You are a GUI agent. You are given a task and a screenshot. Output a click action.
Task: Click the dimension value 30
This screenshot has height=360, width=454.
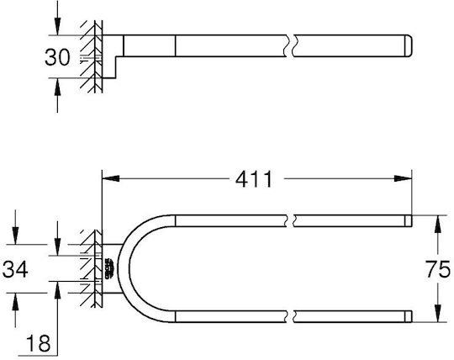click(57, 57)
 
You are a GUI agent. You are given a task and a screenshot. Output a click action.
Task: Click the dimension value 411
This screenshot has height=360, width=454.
click(254, 179)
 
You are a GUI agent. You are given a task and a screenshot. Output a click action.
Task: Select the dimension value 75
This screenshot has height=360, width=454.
click(437, 269)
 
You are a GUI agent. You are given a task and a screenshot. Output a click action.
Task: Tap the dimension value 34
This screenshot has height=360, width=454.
click(15, 269)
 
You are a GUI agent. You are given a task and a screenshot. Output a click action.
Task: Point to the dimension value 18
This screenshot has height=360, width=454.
click(38, 343)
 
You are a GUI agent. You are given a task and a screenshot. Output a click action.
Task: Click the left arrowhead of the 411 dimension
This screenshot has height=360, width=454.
click(111, 178)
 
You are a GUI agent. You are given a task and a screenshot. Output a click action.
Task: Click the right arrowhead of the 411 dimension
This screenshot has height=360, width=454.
click(403, 178)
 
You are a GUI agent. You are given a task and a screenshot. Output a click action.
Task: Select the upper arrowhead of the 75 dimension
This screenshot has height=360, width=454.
click(437, 224)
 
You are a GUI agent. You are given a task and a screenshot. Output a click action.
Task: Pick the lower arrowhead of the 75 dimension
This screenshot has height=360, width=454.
click(437, 314)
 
